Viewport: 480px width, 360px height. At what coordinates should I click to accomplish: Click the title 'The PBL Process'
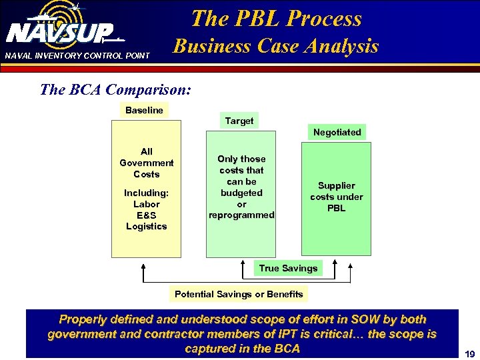coord(276,18)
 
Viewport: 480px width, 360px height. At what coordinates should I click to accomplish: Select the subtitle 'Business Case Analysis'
coord(276,46)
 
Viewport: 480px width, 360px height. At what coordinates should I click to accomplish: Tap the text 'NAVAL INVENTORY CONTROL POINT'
coord(77,55)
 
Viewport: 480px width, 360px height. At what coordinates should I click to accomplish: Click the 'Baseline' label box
coord(144,110)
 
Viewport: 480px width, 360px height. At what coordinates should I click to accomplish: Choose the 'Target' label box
coord(239,121)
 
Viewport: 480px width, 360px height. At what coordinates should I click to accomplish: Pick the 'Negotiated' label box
coord(337,132)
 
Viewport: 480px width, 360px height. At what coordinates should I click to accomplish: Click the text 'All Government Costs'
coord(147,163)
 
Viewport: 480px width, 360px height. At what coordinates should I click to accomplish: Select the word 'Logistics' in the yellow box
coord(147,226)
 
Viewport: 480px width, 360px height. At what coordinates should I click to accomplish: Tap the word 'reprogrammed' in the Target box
coord(241,215)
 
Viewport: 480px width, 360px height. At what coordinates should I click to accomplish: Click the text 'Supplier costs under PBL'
coord(337,197)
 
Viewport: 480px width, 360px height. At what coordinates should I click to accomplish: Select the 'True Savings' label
coord(289,268)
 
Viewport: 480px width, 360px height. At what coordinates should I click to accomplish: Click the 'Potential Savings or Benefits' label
coord(239,294)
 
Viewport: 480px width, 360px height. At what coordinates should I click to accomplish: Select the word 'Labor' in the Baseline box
coord(147,204)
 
